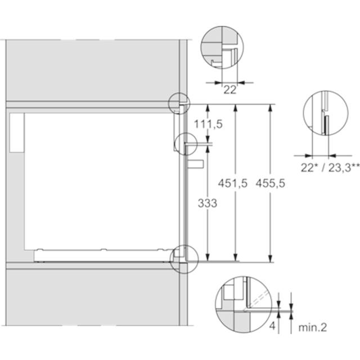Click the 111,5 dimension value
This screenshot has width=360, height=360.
pyautogui.click(x=208, y=124)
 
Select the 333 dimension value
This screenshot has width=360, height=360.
pyautogui.click(x=208, y=203)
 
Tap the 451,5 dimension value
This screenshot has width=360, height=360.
pyautogui.click(x=233, y=183)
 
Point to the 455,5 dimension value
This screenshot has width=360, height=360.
pyautogui.click(x=271, y=183)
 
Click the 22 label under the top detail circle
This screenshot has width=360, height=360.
pyautogui.click(x=230, y=90)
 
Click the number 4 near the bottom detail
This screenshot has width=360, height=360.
pyautogui.click(x=272, y=326)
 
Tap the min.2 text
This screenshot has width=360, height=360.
pyautogui.click(x=313, y=327)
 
